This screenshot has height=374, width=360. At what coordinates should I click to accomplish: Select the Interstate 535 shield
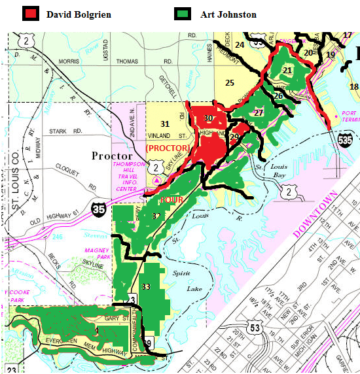pos(345,139)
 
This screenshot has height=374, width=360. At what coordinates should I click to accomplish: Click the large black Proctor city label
pos(113,156)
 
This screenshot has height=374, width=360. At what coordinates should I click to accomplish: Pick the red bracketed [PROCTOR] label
pos(168,148)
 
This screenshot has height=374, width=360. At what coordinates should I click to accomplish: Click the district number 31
pos(165,124)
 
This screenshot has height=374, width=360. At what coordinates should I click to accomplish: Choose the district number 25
pos(229,82)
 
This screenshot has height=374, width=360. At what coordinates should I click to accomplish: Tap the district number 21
pos(287,71)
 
